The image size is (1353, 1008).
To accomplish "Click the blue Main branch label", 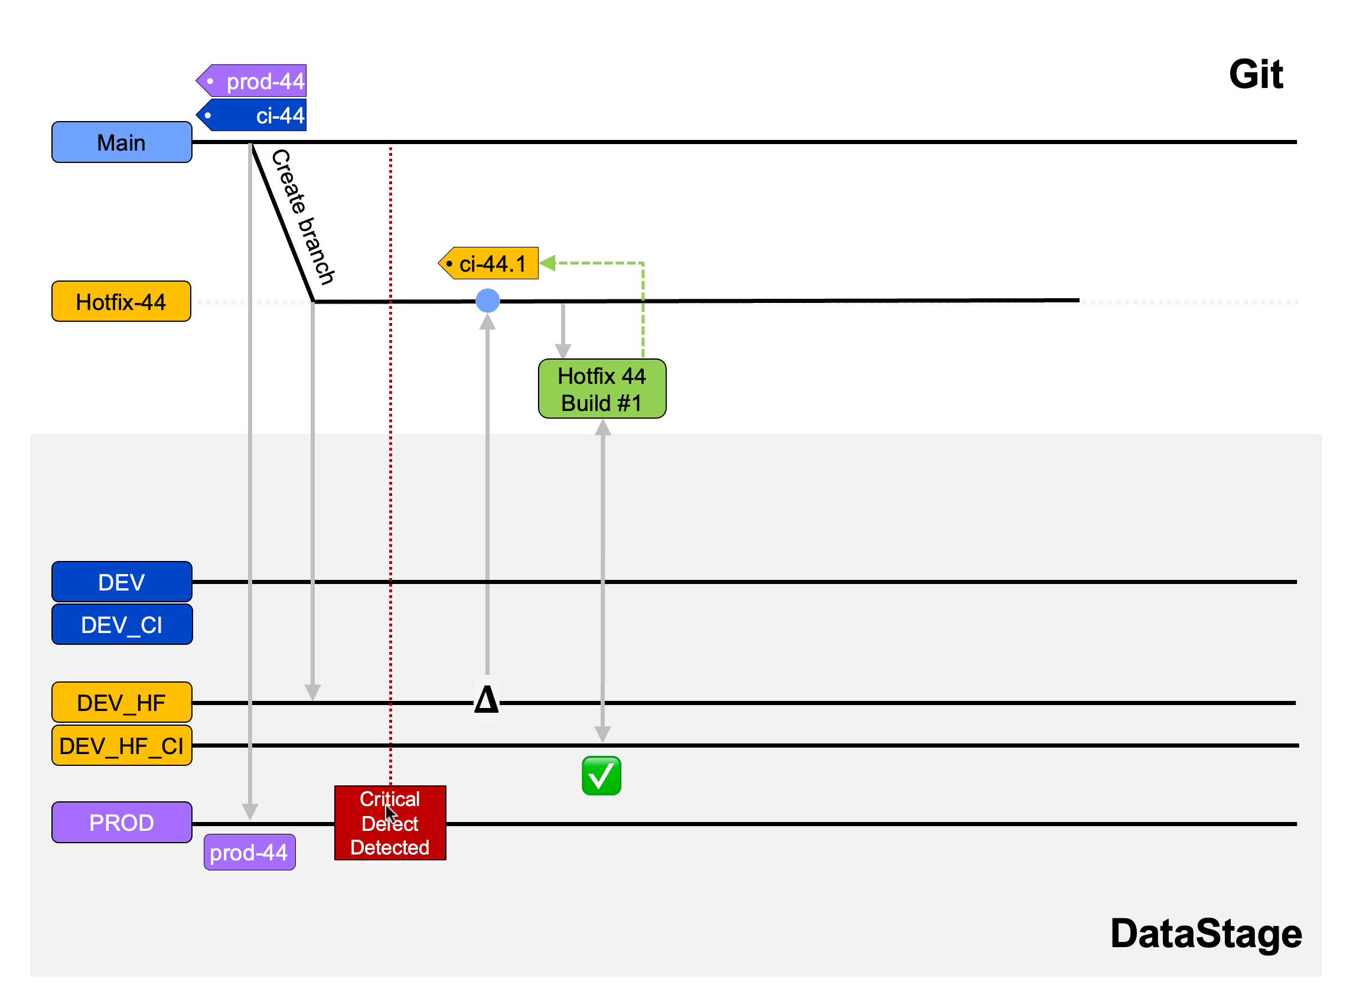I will [122, 142].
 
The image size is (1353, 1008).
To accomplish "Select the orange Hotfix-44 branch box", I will [121, 301].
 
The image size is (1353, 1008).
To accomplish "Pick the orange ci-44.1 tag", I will [490, 263].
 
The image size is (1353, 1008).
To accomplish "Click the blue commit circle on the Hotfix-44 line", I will [488, 301].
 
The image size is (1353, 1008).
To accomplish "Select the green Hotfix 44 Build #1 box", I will [602, 389].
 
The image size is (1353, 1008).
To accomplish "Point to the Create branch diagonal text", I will [303, 217].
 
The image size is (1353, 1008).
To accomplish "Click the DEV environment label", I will [122, 582].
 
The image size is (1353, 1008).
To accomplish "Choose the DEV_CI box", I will [122, 625].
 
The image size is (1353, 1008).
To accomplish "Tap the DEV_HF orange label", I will [122, 703].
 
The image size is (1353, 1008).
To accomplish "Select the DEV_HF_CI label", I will [122, 746].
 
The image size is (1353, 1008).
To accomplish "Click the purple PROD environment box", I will [122, 823].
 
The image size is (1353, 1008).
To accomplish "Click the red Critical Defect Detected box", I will [390, 823].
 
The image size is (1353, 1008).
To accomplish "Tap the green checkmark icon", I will [602, 776].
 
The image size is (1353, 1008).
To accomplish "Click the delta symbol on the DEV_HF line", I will [487, 700].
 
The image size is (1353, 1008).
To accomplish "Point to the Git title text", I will [1256, 74].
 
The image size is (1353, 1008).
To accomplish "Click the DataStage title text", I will [1206, 934].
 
